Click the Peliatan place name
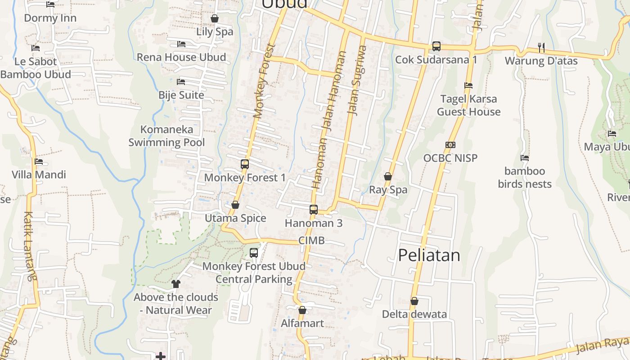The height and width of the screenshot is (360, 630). tap(429, 255)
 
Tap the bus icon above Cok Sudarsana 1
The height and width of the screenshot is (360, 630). tap(436, 46)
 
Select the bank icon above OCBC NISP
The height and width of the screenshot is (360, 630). tap(450, 144)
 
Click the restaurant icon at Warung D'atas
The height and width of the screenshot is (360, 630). tap(541, 47)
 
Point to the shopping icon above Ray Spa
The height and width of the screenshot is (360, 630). tap(388, 176)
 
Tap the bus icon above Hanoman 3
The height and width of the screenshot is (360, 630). tap(314, 209)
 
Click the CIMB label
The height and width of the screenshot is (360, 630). tap(311, 241)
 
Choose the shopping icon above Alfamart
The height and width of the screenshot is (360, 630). tap(302, 310)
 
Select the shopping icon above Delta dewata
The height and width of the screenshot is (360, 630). tap(414, 301)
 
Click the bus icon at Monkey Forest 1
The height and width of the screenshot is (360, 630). tap(245, 164)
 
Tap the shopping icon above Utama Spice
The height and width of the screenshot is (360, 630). tap(235, 205)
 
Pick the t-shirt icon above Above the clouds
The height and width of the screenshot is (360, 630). tap(176, 283)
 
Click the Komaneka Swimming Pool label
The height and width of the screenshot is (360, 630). tap(166, 136)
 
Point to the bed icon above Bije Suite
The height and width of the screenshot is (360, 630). tap(181, 82)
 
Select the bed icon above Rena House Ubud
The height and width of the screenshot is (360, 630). tap(181, 44)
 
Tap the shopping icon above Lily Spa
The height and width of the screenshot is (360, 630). tap(215, 18)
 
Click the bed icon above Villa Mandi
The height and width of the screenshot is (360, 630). tap(39, 161)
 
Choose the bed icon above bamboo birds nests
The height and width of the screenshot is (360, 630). tap(525, 158)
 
